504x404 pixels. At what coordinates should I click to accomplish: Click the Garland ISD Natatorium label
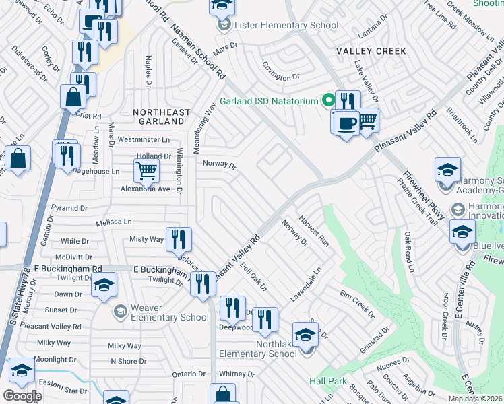[x=268, y=102]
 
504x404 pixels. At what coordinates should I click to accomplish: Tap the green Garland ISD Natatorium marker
[x=329, y=102]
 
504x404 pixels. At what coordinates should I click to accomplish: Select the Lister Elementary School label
[x=286, y=26]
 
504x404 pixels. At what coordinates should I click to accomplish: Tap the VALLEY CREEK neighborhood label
[x=376, y=51]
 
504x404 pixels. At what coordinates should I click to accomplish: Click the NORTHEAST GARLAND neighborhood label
[x=158, y=116]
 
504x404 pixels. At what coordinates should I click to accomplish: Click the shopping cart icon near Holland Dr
[x=146, y=171]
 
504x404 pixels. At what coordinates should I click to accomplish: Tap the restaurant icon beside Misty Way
[x=179, y=239]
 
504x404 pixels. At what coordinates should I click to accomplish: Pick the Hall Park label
[x=328, y=381]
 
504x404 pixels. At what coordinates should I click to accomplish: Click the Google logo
[x=22, y=396]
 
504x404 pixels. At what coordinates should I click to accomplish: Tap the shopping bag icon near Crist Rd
[x=72, y=98]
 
